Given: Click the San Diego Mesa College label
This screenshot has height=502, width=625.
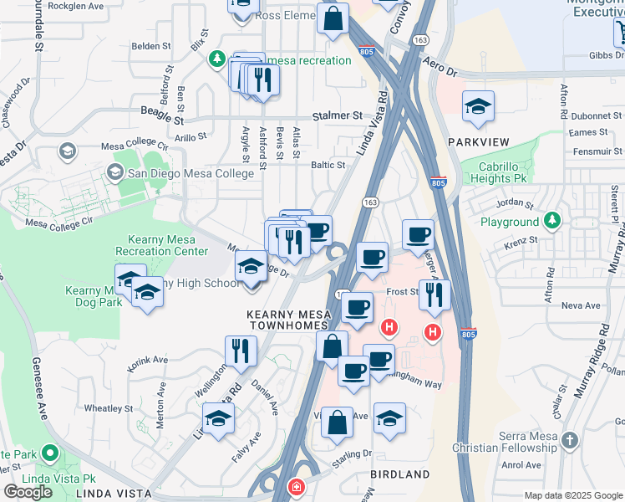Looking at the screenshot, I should click(191, 173).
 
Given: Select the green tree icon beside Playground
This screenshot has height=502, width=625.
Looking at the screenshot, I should click(551, 221).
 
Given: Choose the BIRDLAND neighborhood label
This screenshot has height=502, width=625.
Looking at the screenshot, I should click(400, 474).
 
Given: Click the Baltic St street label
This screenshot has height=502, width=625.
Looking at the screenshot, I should click(328, 166).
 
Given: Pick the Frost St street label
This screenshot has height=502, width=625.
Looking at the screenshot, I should click(402, 291).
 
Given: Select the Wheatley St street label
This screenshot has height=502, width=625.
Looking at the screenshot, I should click(109, 408).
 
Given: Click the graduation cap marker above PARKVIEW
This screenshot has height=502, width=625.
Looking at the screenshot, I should click(478, 106).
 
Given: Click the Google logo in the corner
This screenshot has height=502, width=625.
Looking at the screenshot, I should click(28, 492).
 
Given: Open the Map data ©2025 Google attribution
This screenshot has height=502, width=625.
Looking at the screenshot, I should click(574, 495).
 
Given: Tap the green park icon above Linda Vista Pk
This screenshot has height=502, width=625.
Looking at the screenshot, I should click(49, 454).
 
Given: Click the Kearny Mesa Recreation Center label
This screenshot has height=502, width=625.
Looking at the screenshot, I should click(161, 245).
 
